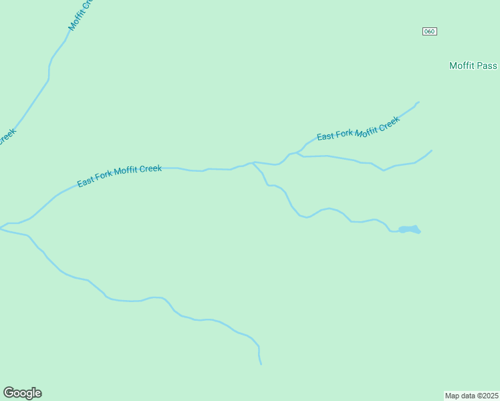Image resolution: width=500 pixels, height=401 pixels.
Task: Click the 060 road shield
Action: [430, 31]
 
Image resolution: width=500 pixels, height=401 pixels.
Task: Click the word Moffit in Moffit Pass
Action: [461, 65]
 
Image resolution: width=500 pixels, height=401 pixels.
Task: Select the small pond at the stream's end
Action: [409, 230]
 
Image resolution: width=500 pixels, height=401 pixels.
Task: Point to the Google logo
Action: [22, 393]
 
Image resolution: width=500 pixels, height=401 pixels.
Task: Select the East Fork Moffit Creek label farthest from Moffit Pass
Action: [119, 176]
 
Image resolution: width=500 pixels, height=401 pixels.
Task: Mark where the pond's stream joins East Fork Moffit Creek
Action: [253, 162]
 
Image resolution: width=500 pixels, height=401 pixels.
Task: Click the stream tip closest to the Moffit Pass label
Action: [418, 102]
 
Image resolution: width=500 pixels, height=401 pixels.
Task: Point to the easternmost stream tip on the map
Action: [431, 150]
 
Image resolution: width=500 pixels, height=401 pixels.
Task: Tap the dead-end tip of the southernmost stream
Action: [261, 364]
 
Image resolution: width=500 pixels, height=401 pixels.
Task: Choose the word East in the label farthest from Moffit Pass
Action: [86, 182]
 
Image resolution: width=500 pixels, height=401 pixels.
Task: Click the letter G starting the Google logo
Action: [9, 393]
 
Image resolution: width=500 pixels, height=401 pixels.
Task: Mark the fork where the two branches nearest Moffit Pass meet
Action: [296, 152]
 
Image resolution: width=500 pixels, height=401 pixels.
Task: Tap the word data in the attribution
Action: [469, 395]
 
